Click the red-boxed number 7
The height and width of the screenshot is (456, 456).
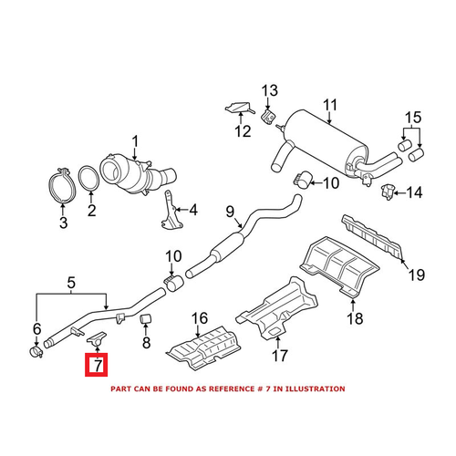pos(97,368)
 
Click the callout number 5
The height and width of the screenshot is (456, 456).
pos(37,347)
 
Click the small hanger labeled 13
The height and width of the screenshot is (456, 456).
pos(269,118)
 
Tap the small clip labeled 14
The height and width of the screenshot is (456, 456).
pos(388,191)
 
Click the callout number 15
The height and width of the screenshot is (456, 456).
pos(414,118)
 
